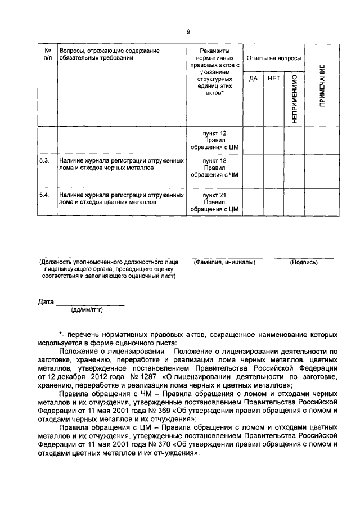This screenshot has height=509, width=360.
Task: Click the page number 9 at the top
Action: (x=188, y=31)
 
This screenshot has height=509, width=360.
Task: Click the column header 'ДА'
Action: (x=253, y=78)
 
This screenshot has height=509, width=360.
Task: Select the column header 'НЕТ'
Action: (x=274, y=78)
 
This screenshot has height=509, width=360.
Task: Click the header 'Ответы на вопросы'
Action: (x=272, y=58)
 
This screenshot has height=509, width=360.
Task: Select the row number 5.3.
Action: (x=45, y=160)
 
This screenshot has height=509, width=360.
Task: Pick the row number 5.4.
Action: (x=45, y=195)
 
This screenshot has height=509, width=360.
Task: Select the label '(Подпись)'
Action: (x=304, y=263)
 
